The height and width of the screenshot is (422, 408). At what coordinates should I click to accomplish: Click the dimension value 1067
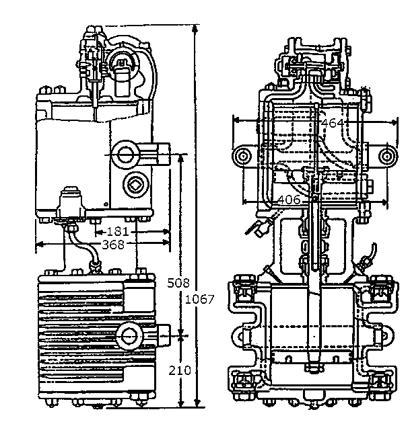(x=199, y=299)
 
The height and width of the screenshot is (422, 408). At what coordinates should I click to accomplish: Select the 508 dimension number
(x=178, y=283)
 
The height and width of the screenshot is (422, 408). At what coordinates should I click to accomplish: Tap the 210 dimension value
(x=180, y=371)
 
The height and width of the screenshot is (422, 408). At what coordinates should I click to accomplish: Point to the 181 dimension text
(x=118, y=231)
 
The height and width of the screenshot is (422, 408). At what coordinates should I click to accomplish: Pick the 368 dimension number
(x=114, y=245)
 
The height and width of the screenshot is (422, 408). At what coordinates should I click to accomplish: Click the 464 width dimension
(x=333, y=123)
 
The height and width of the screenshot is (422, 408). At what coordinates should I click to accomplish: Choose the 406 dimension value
(x=289, y=200)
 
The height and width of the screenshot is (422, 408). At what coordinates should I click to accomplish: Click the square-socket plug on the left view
(x=135, y=185)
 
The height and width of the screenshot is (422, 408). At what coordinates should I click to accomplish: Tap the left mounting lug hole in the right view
(x=242, y=157)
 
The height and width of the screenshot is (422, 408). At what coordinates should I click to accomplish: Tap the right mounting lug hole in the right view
(x=388, y=157)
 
